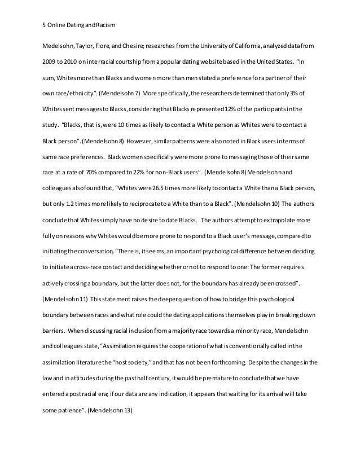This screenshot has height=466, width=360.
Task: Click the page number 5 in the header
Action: (45, 24)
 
